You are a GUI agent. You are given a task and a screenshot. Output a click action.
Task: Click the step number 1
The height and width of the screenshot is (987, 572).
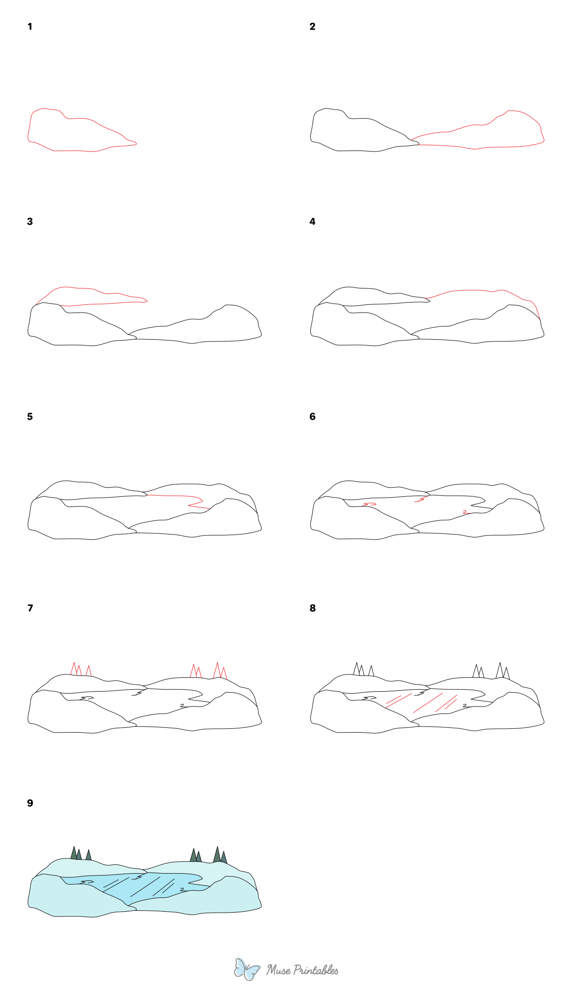point(30,27)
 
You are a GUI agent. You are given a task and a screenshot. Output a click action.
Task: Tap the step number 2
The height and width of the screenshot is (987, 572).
point(312,27)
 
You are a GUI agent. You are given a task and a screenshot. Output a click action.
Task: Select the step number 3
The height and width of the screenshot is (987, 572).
point(30,222)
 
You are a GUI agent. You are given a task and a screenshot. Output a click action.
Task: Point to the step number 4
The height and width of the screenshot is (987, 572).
point(312,222)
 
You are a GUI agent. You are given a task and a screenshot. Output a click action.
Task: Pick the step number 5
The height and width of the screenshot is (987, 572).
point(30,417)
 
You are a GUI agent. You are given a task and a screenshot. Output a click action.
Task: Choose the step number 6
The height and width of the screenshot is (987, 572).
point(312,417)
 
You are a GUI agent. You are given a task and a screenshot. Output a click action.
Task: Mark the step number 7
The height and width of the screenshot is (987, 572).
point(30,608)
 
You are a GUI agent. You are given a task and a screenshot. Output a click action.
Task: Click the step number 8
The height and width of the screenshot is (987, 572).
point(312,608)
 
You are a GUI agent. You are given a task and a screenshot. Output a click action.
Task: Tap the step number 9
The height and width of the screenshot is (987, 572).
point(30,803)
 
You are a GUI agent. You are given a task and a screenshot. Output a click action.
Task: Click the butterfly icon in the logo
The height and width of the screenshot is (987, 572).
point(246,969)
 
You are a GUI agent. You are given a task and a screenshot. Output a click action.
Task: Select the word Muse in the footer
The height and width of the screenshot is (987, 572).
point(278,970)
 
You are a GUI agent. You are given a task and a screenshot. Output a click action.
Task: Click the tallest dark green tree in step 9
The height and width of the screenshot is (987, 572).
point(217,856)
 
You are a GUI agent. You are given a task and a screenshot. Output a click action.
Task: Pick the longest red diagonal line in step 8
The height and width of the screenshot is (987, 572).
point(428,703)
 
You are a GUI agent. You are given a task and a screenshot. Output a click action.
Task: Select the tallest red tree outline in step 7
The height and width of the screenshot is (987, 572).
point(217,669)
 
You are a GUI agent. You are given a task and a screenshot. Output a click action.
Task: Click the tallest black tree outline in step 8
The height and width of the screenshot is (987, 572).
point(500,670)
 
